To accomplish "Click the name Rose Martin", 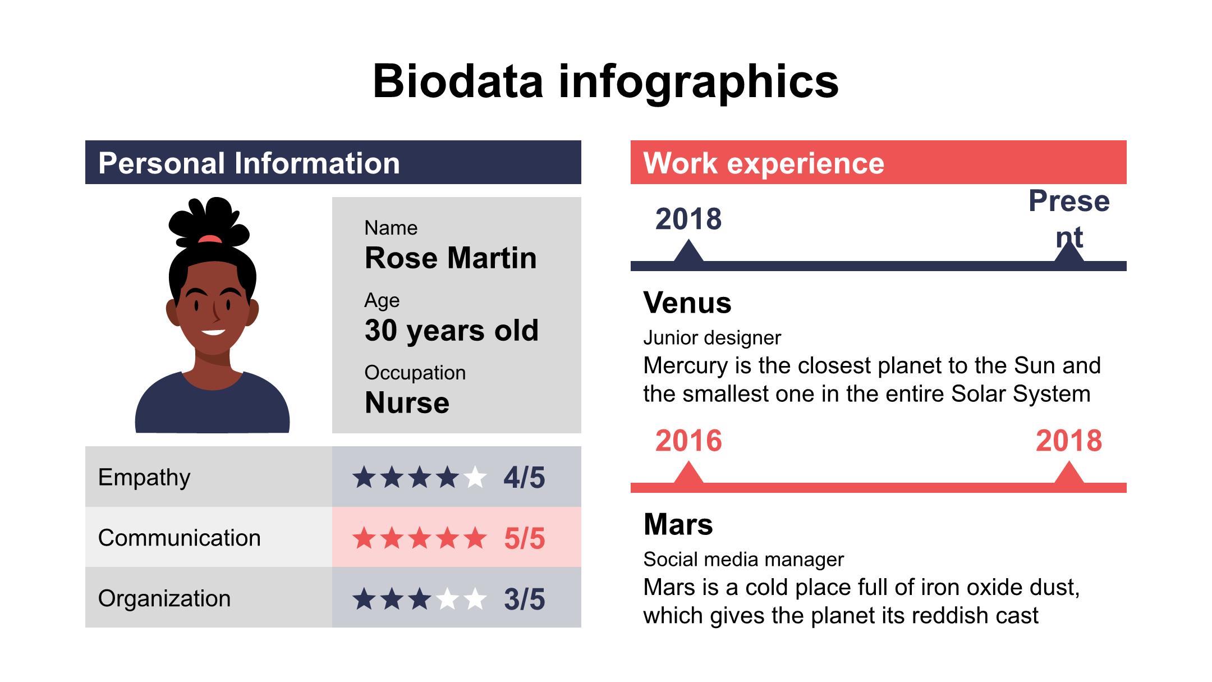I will pyautogui.click(x=451, y=258).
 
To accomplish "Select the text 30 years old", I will pyautogui.click(x=451, y=330).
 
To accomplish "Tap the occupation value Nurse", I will pyautogui.click(x=407, y=402).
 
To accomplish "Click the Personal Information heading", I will pyautogui.click(x=249, y=163).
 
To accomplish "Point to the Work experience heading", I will pyautogui.click(x=763, y=163).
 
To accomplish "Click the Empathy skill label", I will pyautogui.click(x=144, y=477).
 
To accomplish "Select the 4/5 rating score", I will pyautogui.click(x=524, y=478).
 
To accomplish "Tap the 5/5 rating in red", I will pyautogui.click(x=524, y=538).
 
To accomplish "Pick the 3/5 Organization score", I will pyautogui.click(x=524, y=599).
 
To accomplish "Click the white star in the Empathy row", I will pyautogui.click(x=475, y=478).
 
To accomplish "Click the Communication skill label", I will pyautogui.click(x=179, y=538).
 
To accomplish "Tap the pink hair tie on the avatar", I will pyautogui.click(x=210, y=239).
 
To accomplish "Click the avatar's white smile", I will pyautogui.click(x=213, y=332).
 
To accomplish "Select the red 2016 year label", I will pyautogui.click(x=688, y=441).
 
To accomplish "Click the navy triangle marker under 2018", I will pyautogui.click(x=688, y=251).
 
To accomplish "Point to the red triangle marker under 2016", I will pyautogui.click(x=688, y=473).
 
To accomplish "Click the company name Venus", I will pyautogui.click(x=687, y=303).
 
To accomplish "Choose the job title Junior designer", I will pyautogui.click(x=711, y=338).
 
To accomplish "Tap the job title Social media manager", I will pyautogui.click(x=743, y=560).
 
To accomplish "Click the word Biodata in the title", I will pyautogui.click(x=458, y=81).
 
